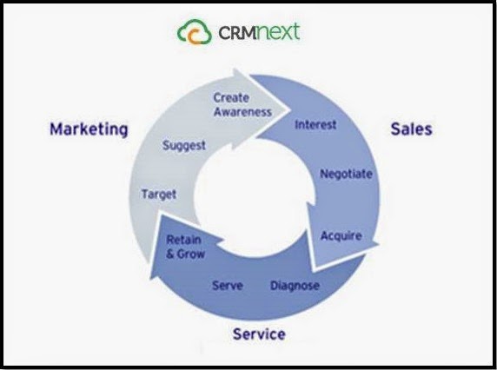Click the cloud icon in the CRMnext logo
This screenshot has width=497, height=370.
click(x=195, y=31)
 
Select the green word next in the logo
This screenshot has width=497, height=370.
click(x=277, y=31)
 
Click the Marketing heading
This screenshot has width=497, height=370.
click(x=89, y=129)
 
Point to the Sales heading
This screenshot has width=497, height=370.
click(x=412, y=129)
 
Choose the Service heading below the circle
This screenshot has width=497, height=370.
click(x=259, y=334)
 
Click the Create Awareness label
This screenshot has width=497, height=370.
click(x=242, y=104)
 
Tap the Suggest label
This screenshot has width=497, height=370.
click(x=184, y=146)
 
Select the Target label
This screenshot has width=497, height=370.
click(x=159, y=195)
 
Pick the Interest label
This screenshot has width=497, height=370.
click(x=315, y=124)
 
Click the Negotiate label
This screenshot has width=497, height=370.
click(x=346, y=175)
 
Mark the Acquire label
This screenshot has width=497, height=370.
click(x=341, y=236)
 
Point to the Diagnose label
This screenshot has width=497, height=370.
click(x=295, y=286)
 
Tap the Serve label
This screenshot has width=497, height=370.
click(x=228, y=286)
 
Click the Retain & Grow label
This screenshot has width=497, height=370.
click(x=185, y=247)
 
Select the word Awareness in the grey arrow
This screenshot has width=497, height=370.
click(x=242, y=112)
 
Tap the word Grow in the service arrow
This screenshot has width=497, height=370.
click(x=191, y=254)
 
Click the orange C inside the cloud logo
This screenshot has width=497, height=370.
click(x=195, y=36)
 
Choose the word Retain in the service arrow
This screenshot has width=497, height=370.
click(x=184, y=240)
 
